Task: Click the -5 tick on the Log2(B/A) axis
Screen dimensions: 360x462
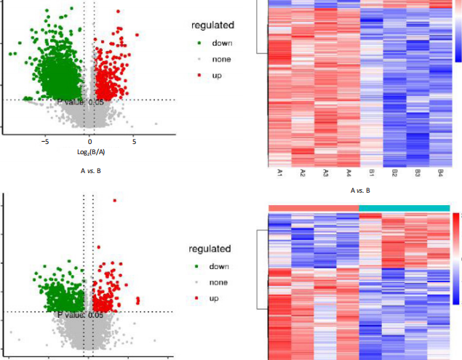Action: [x=45, y=141]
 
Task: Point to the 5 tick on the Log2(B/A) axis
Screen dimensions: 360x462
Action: [x=135, y=141]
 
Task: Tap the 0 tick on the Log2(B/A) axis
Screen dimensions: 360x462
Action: [x=90, y=141]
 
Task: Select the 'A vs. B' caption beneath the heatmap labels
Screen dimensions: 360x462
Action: [x=360, y=191]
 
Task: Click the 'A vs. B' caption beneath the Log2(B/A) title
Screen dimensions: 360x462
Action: [x=90, y=172]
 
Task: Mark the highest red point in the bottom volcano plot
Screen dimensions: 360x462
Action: [x=113, y=200]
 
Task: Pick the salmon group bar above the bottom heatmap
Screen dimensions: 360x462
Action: [x=314, y=209]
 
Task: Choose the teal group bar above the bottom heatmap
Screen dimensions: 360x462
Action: [x=405, y=209]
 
